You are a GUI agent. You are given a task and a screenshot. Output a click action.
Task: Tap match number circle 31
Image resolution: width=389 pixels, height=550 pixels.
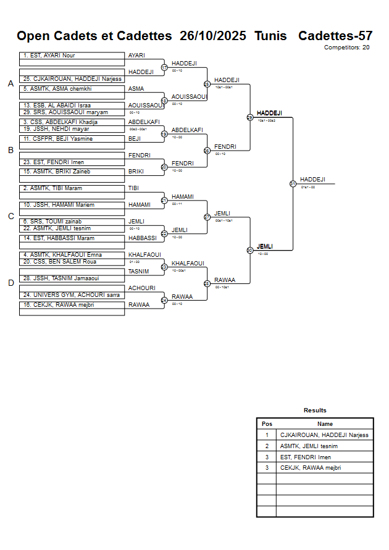point(293,183)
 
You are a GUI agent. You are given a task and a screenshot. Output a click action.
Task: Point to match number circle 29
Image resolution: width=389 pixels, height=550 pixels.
point(250,117)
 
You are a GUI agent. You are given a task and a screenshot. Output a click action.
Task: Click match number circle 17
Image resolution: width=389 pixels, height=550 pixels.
point(164,67)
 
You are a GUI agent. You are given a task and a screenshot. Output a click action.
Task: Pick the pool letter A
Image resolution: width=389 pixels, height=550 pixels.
point(10,83)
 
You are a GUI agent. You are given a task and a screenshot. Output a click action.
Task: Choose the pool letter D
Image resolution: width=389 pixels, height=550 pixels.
point(10,283)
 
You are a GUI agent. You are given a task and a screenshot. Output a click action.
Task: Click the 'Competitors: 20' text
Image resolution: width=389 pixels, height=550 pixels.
point(346,47)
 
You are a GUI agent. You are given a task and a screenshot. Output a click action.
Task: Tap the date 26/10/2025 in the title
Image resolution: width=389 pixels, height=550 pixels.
point(212,36)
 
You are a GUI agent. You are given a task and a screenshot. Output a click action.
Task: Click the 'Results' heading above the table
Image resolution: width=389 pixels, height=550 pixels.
point(315,410)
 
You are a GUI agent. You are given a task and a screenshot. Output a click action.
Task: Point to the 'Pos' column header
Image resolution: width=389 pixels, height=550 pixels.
point(267,424)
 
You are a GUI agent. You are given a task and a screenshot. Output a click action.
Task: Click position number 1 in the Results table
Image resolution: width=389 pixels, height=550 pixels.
point(267,435)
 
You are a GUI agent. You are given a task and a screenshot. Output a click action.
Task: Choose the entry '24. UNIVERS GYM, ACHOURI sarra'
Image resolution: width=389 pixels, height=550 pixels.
point(72,295)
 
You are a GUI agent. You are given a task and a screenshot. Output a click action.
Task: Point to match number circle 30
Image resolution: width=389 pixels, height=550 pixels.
point(250,250)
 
